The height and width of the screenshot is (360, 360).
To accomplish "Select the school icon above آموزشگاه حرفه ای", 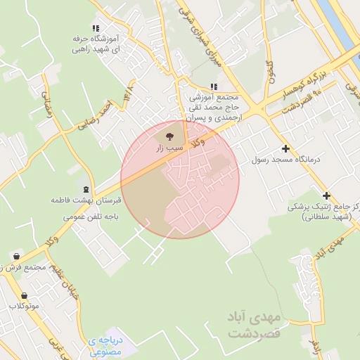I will [x=96, y=29].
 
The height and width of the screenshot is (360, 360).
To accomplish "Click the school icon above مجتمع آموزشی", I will [x=214, y=86].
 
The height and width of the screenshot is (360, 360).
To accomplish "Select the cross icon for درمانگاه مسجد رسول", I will [x=285, y=149].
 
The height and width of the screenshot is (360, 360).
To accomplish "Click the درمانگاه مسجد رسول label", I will [x=285, y=160].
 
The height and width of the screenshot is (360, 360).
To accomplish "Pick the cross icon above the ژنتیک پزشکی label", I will [x=326, y=195].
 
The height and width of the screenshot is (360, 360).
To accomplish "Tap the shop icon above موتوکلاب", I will [x=25, y=295].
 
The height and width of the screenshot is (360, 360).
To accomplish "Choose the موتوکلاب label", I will [x=25, y=307].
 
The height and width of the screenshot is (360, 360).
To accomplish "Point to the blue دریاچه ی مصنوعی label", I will [x=106, y=345].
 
